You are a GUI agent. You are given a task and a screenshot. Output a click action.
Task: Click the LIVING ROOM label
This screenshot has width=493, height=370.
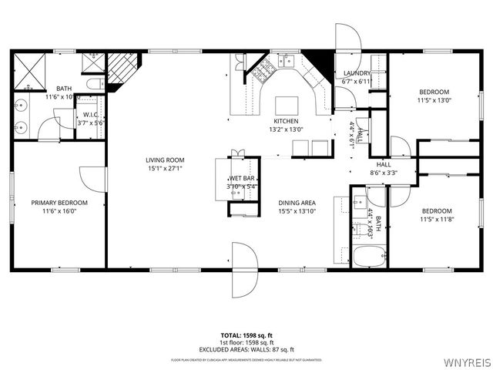[165, 160]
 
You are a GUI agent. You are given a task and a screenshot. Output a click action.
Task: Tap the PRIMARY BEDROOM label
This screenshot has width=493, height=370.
[59, 203]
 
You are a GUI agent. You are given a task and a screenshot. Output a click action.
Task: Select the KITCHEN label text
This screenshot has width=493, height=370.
[286, 122]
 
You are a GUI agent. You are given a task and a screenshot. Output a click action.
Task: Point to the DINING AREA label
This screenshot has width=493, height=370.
[297, 203]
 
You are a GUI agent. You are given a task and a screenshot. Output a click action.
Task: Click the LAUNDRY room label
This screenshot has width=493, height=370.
[357, 73]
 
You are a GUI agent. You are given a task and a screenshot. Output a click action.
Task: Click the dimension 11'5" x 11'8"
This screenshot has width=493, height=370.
[436, 219]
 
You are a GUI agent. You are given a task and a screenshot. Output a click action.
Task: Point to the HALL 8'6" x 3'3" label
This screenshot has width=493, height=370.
[383, 170]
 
